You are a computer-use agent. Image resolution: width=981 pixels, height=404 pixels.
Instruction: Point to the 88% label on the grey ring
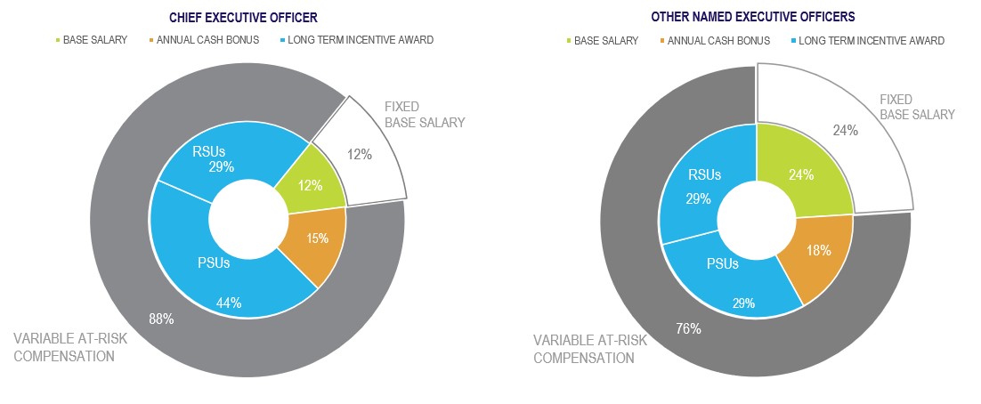(x=160, y=318)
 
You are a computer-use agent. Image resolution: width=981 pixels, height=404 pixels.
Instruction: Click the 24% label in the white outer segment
(x=844, y=131)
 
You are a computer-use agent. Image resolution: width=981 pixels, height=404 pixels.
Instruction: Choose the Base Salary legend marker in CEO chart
(x=60, y=40)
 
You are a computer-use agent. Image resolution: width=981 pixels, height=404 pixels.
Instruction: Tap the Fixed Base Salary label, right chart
(x=916, y=107)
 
